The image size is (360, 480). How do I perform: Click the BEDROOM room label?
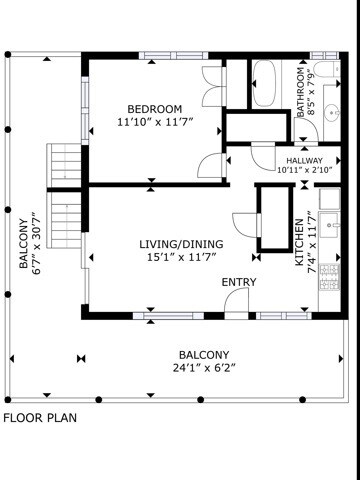pos(155,109)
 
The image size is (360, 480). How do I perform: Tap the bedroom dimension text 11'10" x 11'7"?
pos(155,122)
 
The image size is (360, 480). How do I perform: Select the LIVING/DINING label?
pos(181,244)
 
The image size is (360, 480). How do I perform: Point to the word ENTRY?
pos(239,282)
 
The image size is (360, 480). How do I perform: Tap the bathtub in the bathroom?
pos(264,83)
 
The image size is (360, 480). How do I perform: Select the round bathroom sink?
pos(332,113)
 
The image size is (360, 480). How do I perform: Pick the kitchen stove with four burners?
pos(329,277)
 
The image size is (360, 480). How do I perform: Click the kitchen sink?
pos(329,225)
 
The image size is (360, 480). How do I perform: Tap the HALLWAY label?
pos(304,161)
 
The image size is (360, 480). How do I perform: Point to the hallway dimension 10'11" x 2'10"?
pos(305,170)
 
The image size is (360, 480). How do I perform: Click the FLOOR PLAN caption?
pos(40,418)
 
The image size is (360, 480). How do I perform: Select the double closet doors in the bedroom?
pos(212,86)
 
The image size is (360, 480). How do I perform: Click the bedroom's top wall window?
pos(173,56)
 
